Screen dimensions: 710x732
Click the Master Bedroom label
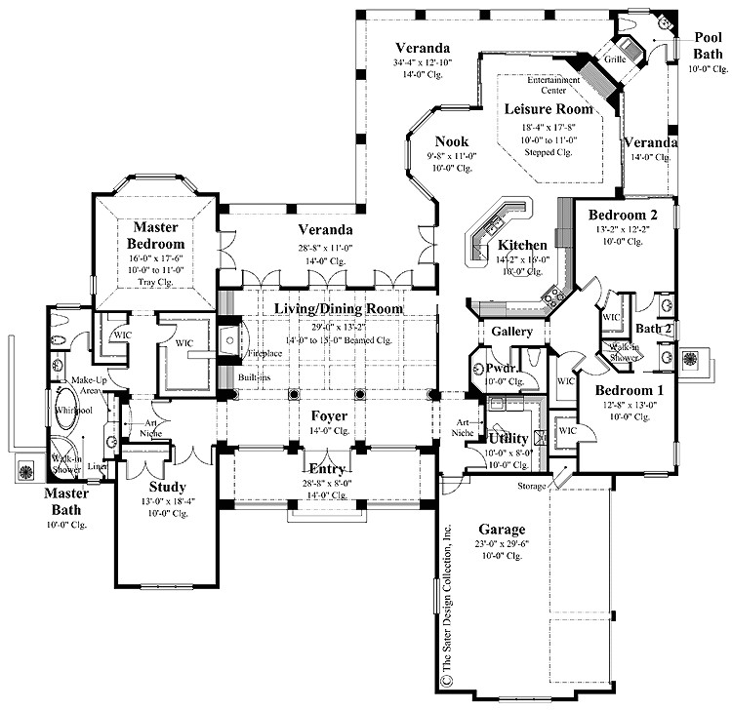(155, 235)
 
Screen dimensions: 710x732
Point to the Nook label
(424, 141)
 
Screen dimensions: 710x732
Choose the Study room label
(168, 487)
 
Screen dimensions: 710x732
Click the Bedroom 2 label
(622, 214)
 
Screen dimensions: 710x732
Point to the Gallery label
(511, 333)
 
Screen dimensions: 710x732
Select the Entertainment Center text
(553, 85)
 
